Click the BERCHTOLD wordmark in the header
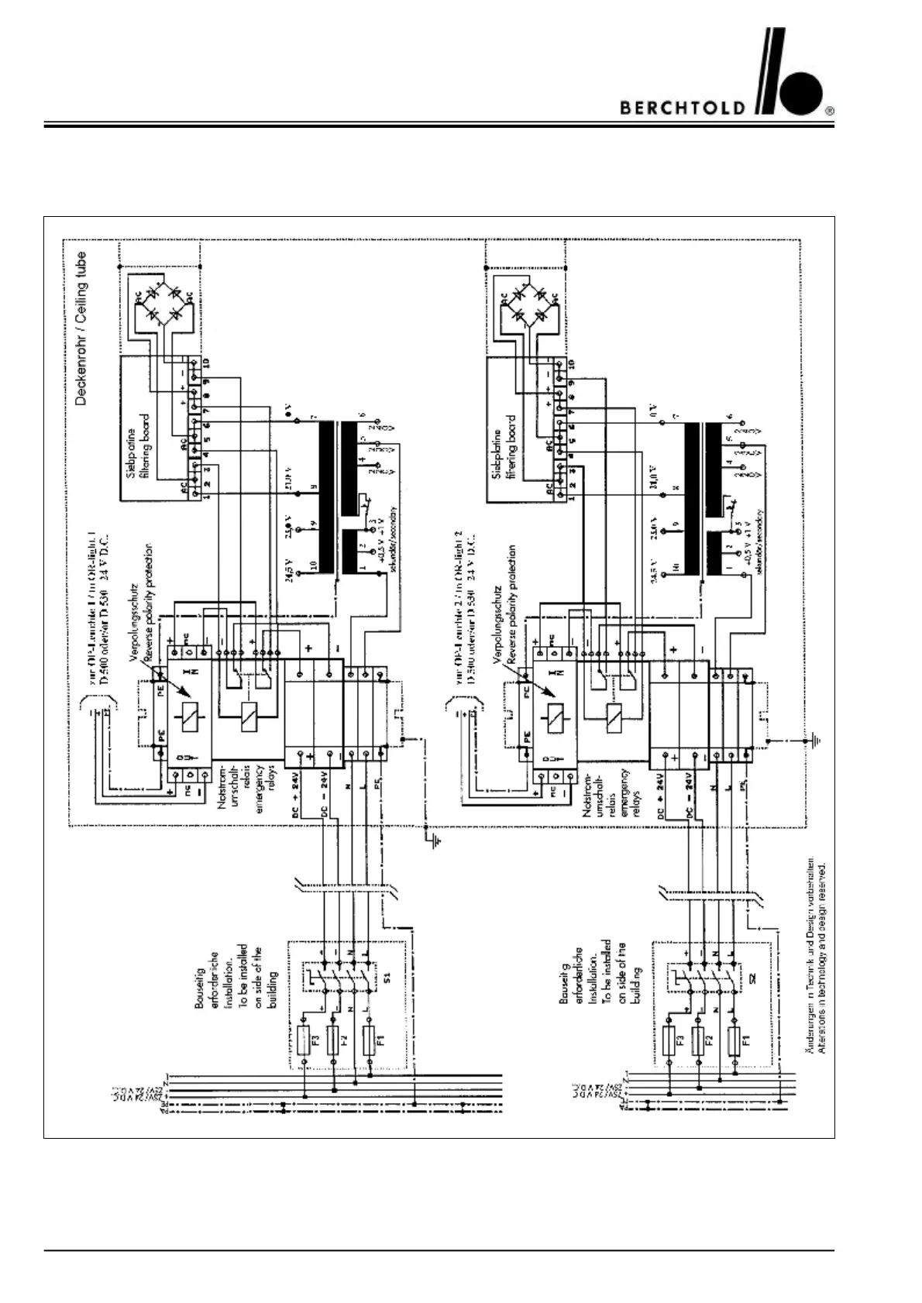(x=683, y=108)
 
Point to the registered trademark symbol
(x=830, y=111)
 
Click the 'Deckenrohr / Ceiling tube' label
(x=82, y=328)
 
